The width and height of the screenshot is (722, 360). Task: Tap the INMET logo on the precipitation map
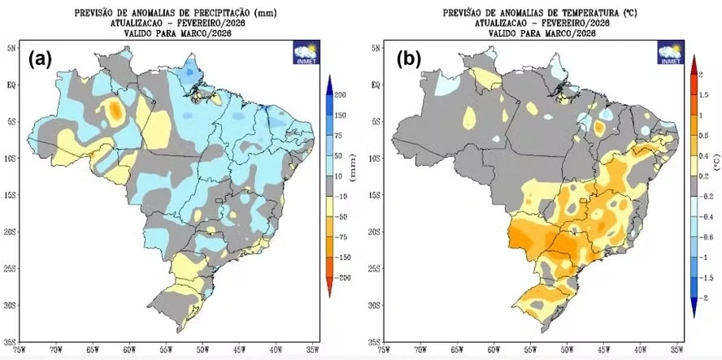click(305, 50)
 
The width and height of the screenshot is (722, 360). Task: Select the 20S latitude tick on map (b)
click(375, 232)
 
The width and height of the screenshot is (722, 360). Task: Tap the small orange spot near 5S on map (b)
click(599, 127)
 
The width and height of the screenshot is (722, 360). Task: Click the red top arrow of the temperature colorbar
click(693, 63)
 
